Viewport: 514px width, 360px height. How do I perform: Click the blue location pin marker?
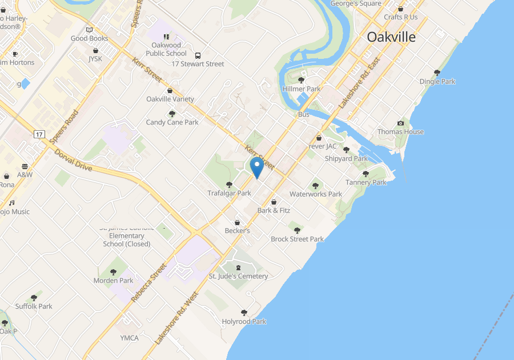click(257, 167)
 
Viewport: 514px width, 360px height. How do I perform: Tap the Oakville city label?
click(391, 37)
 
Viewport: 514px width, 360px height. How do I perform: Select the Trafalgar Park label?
click(229, 193)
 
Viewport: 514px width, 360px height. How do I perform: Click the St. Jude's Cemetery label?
click(238, 276)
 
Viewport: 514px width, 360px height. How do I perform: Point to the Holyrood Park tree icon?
click(244, 313)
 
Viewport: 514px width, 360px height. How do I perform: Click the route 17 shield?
click(39, 134)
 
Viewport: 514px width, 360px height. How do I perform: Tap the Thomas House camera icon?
click(400, 123)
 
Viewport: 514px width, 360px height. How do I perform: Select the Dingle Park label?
click(437, 81)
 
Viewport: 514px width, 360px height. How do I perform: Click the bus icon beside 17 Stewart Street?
click(198, 56)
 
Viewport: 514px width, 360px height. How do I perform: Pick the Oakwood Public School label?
click(166, 49)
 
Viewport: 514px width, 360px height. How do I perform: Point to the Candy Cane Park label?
click(172, 122)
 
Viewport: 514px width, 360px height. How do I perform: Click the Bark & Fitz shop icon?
click(274, 202)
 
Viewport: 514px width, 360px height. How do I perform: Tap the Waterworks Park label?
click(316, 194)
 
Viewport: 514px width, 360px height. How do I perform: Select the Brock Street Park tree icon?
click(297, 230)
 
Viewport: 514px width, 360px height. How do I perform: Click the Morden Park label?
click(113, 281)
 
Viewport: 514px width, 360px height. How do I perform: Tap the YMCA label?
click(130, 338)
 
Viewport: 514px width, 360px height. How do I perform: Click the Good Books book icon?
click(89, 30)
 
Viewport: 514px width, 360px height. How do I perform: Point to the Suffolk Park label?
click(34, 306)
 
